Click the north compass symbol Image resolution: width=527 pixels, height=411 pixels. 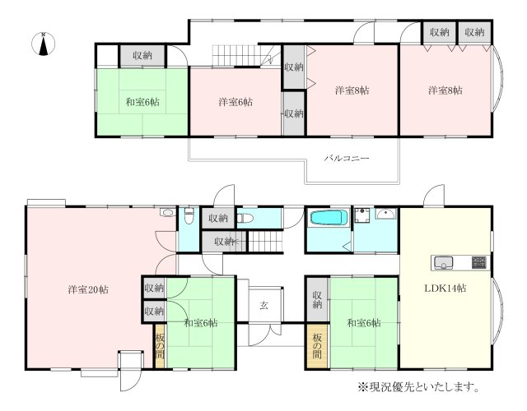pyautogui.click(x=43, y=44)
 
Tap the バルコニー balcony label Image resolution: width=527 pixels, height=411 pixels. pyautogui.click(x=347, y=158)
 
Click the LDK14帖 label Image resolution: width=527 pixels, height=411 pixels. pyautogui.click(x=445, y=289)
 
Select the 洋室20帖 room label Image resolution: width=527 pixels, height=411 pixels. pyautogui.click(x=88, y=289)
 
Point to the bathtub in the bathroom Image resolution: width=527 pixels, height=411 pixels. pyautogui.click(x=329, y=217)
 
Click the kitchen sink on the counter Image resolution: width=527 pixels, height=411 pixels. pyautogui.click(x=443, y=263)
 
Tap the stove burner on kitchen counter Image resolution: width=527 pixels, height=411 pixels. pyautogui.click(x=478, y=262)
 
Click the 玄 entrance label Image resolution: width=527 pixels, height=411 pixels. pyautogui.click(x=263, y=305)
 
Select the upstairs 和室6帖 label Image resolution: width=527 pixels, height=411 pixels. pyautogui.click(x=142, y=102)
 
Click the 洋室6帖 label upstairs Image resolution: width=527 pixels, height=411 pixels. pyautogui.click(x=236, y=102)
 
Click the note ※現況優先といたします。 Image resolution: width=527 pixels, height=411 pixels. pyautogui.click(x=418, y=387)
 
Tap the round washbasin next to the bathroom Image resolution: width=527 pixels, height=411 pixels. pyautogui.click(x=386, y=214)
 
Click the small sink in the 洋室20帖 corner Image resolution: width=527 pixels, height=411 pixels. pyautogui.click(x=166, y=212)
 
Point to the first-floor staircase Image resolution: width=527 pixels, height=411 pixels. pyautogui.click(x=265, y=241)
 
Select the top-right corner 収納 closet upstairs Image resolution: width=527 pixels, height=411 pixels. pyautogui.click(x=474, y=32)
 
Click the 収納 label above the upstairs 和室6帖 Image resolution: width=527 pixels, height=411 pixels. pyautogui.click(x=142, y=55)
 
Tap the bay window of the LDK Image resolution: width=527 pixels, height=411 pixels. pyautogui.click(x=497, y=312)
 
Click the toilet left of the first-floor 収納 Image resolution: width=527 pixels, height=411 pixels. pyautogui.click(x=189, y=215)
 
